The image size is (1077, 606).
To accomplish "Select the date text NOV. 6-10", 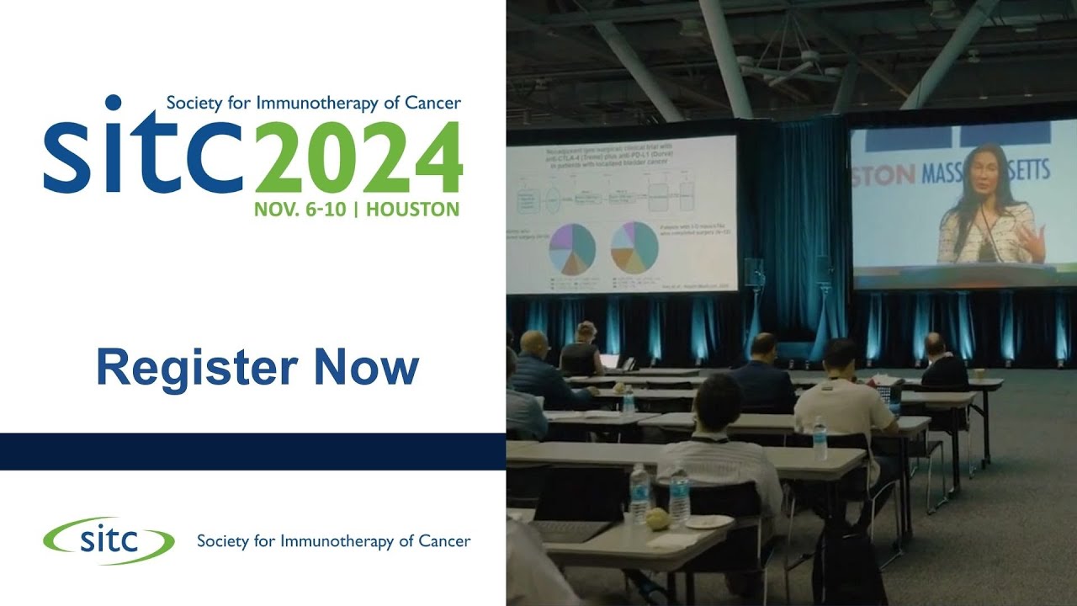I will [x=300, y=210].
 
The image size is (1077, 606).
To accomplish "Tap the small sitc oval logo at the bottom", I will [x=109, y=540].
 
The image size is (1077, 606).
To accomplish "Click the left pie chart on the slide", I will [x=572, y=249].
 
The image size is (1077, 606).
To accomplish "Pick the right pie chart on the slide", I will [x=634, y=247].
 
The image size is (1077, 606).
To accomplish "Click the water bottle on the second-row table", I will [x=820, y=439].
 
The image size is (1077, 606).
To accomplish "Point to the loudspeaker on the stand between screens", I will [x=753, y=272].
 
